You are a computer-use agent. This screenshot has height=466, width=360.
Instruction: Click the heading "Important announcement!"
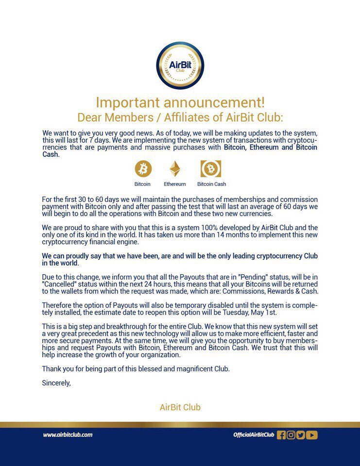pyautogui.click(x=180, y=102)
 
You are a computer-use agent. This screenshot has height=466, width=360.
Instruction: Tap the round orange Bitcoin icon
pyautogui.click(x=143, y=169)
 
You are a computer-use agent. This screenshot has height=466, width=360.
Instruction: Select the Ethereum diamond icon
pyautogui.click(x=174, y=169)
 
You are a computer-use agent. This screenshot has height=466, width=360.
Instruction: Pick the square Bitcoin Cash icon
pyautogui.click(x=211, y=169)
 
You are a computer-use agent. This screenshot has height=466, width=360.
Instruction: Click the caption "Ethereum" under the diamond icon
pyautogui.click(x=174, y=184)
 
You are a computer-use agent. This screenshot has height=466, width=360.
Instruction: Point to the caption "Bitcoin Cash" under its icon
pyautogui.click(x=211, y=184)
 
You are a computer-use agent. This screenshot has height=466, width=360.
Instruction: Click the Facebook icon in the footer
pyautogui.click(x=281, y=435)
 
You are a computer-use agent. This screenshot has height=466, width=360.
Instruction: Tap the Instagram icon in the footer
pyautogui.click(x=291, y=435)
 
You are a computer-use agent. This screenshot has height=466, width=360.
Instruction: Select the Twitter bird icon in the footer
pyautogui.click(x=301, y=435)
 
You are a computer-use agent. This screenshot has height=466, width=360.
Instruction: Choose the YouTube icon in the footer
pyautogui.click(x=312, y=435)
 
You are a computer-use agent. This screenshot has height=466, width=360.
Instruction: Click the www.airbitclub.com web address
pyautogui.click(x=68, y=435)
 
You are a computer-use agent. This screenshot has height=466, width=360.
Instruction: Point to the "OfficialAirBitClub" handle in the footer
pyautogui.click(x=254, y=435)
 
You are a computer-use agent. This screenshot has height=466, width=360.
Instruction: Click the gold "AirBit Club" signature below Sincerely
pyautogui.click(x=180, y=407)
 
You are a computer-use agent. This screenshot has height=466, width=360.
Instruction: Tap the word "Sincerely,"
pyautogui.click(x=56, y=383)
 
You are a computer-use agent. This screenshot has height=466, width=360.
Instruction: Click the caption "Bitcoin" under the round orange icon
pyautogui.click(x=142, y=184)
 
